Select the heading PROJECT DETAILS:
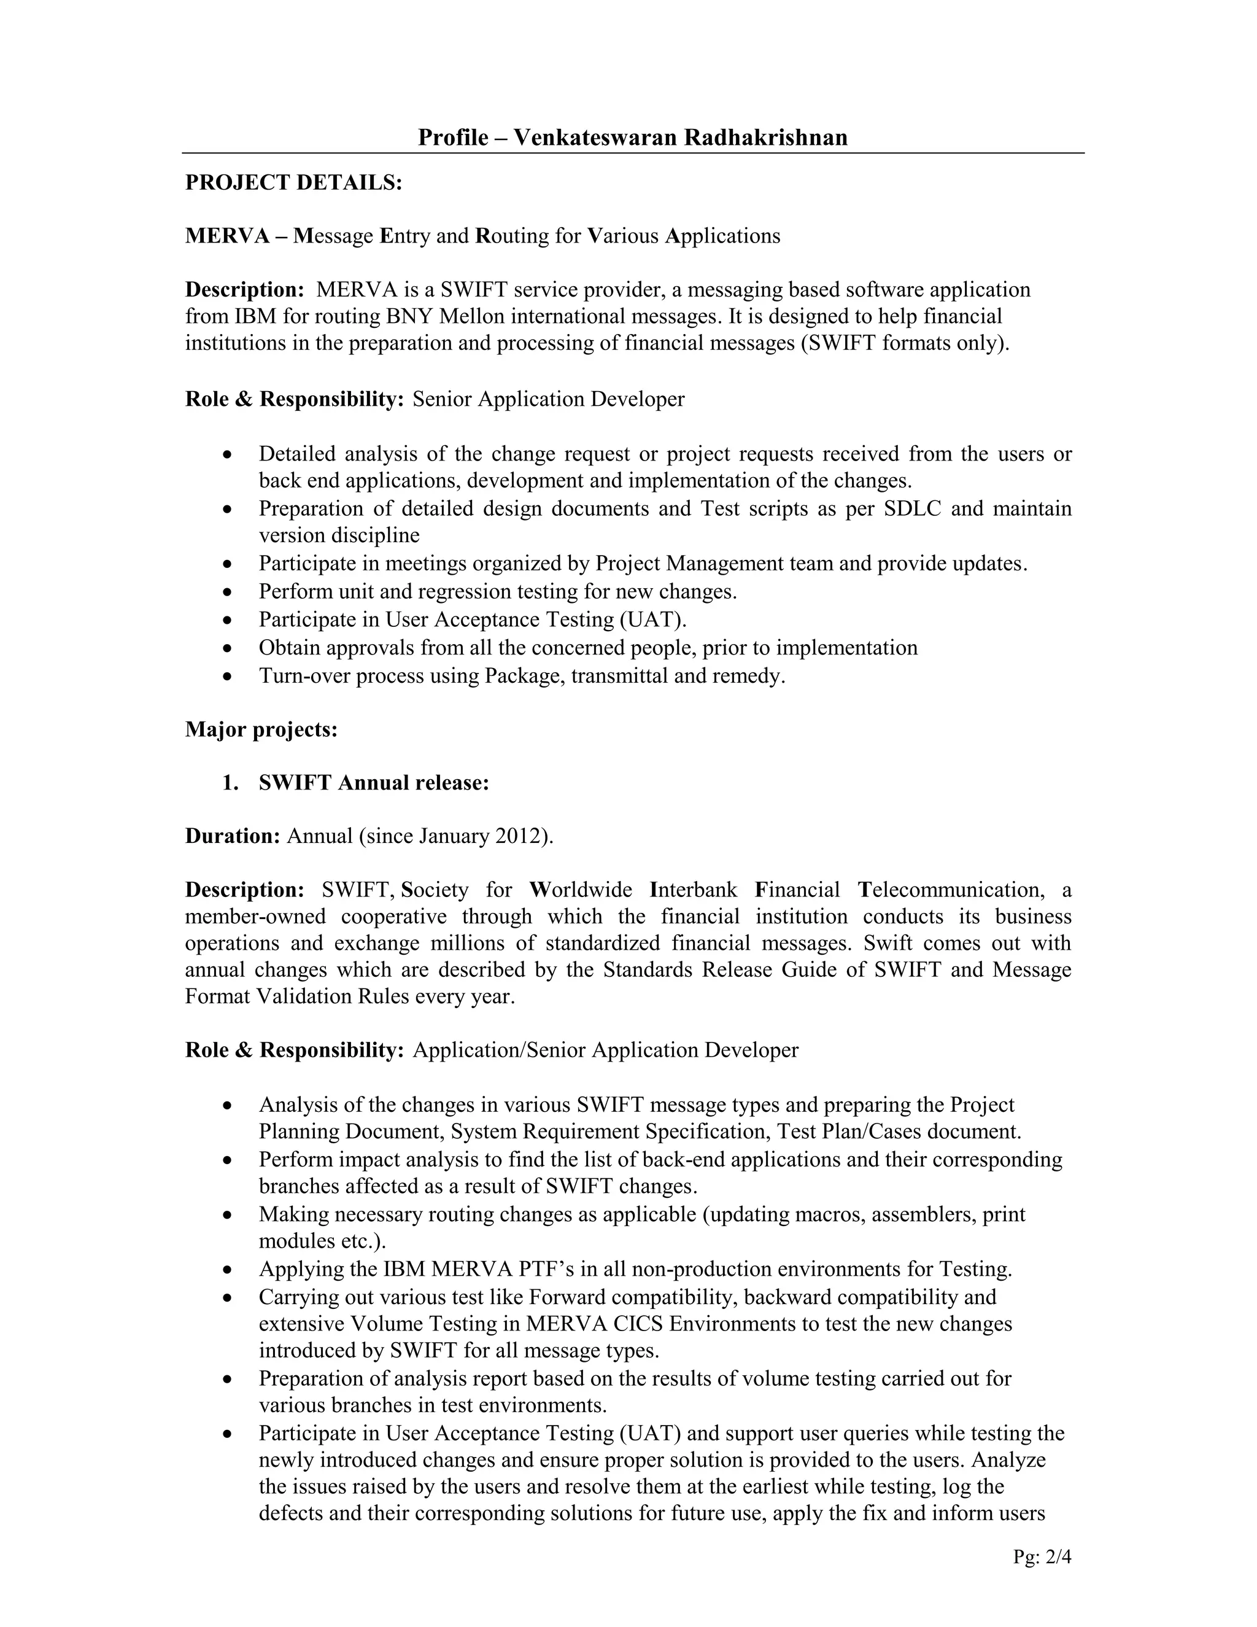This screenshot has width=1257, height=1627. pos(293,182)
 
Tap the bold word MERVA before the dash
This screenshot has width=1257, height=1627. pos(227,236)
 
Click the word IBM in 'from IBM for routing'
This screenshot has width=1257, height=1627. pos(255,317)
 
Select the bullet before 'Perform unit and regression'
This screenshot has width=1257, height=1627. pos(228,593)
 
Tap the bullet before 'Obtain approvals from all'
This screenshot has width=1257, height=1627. pos(228,649)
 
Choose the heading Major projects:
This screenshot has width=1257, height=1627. pos(261,729)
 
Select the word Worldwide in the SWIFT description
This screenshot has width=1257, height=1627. pos(581,890)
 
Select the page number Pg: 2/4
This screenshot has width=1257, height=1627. pos(1041,1557)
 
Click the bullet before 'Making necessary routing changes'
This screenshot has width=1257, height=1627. pos(228,1216)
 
